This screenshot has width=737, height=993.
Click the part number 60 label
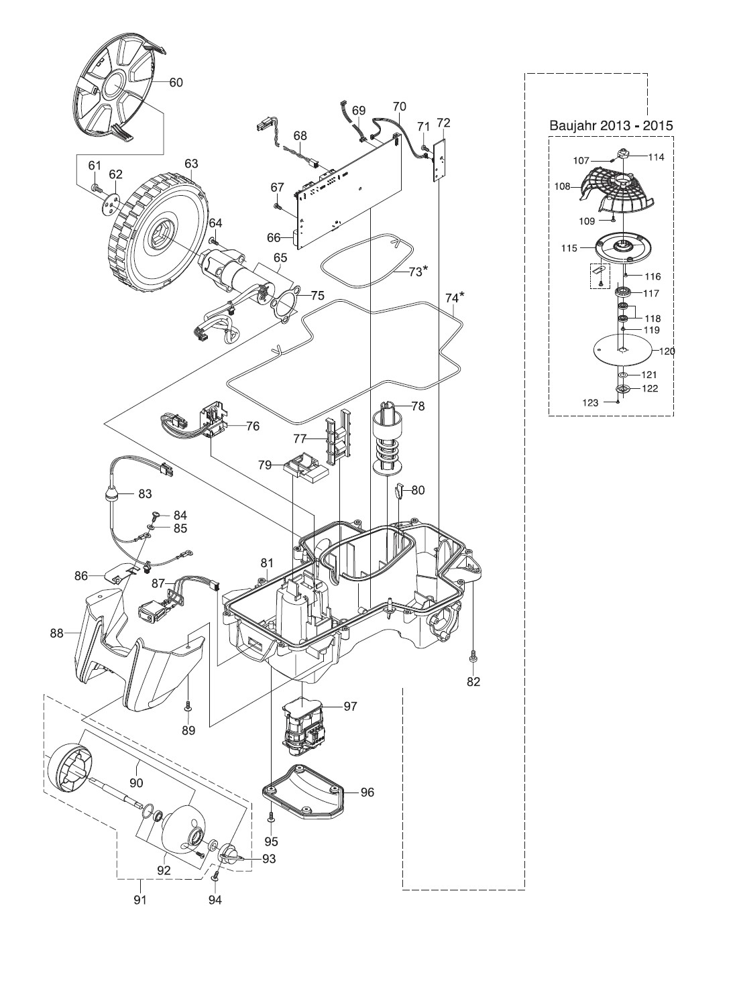coord(176,82)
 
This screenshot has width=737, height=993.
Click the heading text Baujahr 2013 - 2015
coord(611,125)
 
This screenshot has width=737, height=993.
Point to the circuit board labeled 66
coord(349,194)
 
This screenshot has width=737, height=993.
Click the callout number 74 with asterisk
coord(455,296)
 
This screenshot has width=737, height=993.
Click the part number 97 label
coord(350,706)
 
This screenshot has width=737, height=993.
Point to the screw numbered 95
coord(272,818)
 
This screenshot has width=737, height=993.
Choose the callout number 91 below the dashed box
coord(139,900)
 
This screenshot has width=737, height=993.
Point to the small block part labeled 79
coord(306,467)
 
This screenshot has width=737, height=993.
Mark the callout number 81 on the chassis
coord(267,563)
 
